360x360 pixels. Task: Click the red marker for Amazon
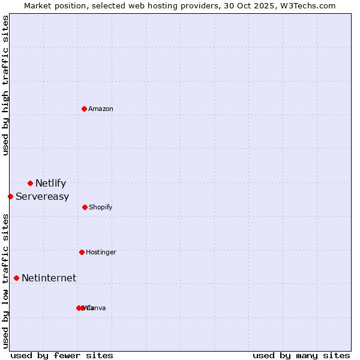tap(85, 109)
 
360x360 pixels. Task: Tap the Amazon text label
tap(100, 109)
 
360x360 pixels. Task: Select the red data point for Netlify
tap(30, 183)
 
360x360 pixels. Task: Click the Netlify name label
tap(50, 184)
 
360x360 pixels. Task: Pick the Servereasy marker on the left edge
tap(10, 196)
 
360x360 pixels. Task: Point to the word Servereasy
tap(42, 197)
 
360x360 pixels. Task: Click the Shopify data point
tap(85, 207)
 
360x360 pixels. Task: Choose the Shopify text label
tap(100, 208)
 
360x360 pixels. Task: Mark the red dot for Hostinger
tap(82, 252)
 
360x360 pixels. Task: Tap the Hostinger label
tap(101, 253)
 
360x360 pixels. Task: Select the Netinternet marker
tap(16, 278)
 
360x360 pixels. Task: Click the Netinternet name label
tap(49, 278)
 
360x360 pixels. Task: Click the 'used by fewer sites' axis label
tap(62, 355)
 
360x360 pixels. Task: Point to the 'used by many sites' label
tap(301, 355)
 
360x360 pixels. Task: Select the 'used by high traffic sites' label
tap(6, 85)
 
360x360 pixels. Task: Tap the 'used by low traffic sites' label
tap(6, 281)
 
